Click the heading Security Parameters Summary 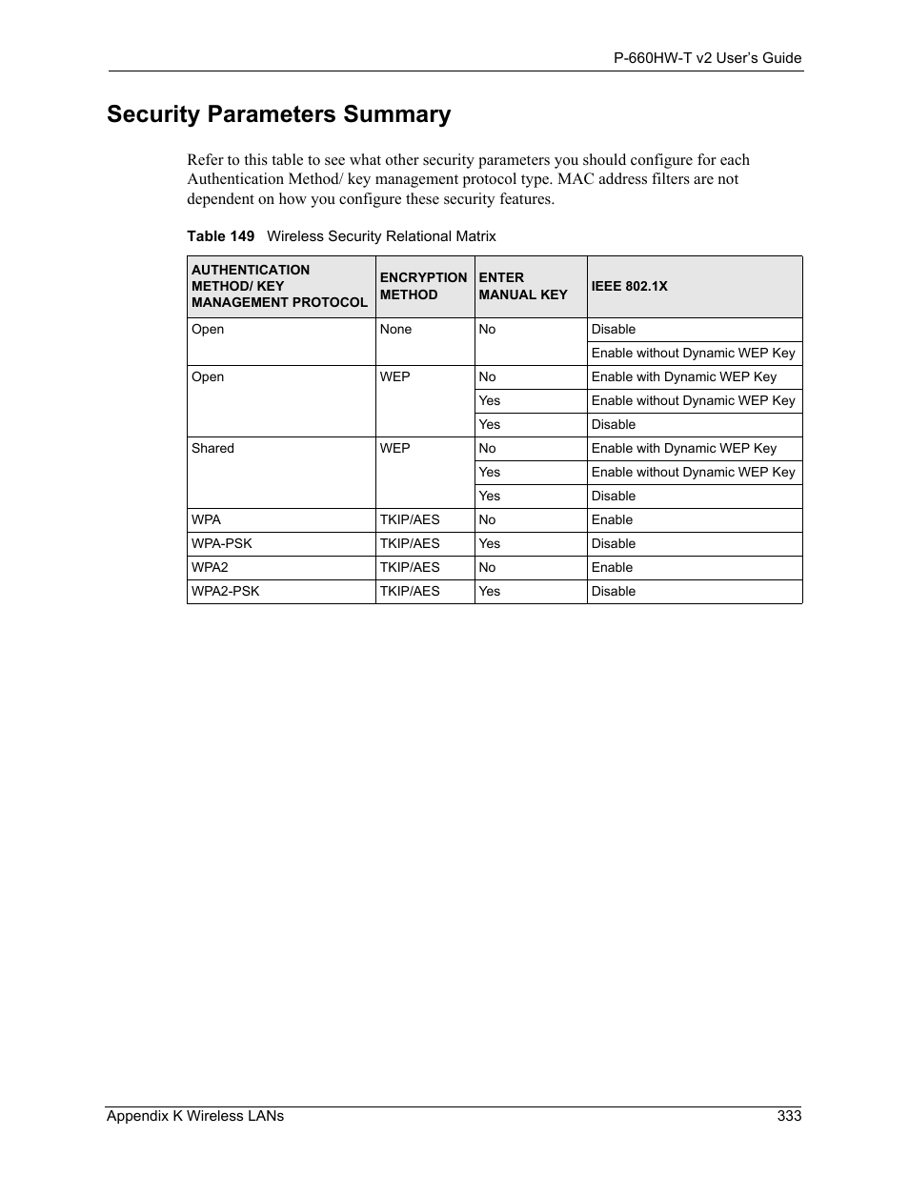pyautogui.click(x=278, y=114)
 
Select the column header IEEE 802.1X pyautogui.click(x=629, y=286)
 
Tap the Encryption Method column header pyautogui.click(x=423, y=286)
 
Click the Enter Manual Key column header pyautogui.click(x=522, y=286)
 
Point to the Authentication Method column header pyautogui.click(x=278, y=286)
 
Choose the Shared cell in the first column pyautogui.click(x=212, y=448)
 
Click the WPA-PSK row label pyautogui.click(x=221, y=543)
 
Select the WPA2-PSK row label pyautogui.click(x=225, y=591)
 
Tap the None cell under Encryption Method pyautogui.click(x=395, y=329)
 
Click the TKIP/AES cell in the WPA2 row pyautogui.click(x=410, y=567)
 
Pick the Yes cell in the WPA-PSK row pyautogui.click(x=489, y=543)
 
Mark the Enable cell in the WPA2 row pyautogui.click(x=612, y=567)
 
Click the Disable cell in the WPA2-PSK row pyautogui.click(x=613, y=591)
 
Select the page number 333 pyautogui.click(x=789, y=1116)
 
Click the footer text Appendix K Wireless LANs pyautogui.click(x=195, y=1116)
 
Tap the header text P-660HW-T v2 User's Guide pyautogui.click(x=707, y=58)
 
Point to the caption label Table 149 pyautogui.click(x=220, y=236)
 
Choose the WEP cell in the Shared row pyautogui.click(x=394, y=448)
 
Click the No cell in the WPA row pyautogui.click(x=487, y=519)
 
